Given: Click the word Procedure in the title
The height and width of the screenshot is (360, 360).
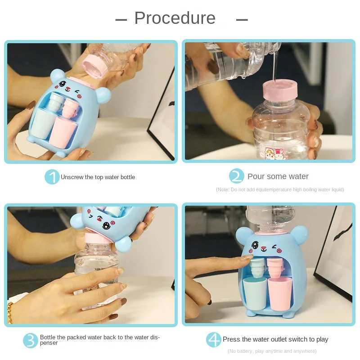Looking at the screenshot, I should coord(175,18).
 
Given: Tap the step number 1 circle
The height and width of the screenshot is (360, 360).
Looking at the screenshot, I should coord(52,177).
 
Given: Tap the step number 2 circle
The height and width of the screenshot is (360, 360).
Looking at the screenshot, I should coord(236,176).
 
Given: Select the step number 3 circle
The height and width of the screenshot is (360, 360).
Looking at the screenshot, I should coord(31,340).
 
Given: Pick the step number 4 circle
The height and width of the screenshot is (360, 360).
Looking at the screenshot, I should coord(214,339).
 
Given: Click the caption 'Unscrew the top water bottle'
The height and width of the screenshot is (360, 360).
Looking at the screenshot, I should coord(98,177).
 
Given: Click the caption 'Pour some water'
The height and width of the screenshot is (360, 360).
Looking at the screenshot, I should coord(278,176).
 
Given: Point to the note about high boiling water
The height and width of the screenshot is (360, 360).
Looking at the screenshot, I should coord(280,189).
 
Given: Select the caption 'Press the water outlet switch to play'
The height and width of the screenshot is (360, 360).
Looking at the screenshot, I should coord(275,339).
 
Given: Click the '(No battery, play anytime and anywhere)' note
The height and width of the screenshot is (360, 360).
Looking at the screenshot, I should coord(272,351).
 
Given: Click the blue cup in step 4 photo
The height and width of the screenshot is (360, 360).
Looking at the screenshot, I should coord(254,292).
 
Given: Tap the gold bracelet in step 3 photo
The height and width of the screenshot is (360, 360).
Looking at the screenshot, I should coord(10,312).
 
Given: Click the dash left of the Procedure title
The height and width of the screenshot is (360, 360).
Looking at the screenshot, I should coord(121,19).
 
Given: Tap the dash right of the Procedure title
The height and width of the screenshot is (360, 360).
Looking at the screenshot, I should coord(242,19).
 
